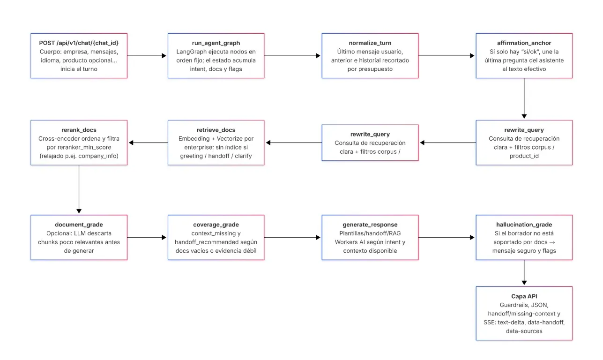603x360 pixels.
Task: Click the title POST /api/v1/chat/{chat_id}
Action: (79, 43)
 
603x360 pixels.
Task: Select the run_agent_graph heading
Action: (216, 43)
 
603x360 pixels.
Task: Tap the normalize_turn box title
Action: (370, 43)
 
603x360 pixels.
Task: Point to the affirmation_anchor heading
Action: (524, 43)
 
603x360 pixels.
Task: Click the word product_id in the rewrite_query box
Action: (524, 156)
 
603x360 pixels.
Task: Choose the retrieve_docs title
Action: (216, 130)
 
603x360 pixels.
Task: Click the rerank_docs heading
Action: (79, 130)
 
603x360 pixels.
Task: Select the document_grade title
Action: (79, 225)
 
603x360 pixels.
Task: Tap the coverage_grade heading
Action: (216, 225)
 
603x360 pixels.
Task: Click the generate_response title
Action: (370, 225)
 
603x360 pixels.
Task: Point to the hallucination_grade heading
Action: (524, 225)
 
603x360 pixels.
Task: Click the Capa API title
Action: (524, 296)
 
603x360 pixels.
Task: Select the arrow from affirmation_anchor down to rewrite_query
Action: (524, 99)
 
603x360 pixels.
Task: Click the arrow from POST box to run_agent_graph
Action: (147, 55)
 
